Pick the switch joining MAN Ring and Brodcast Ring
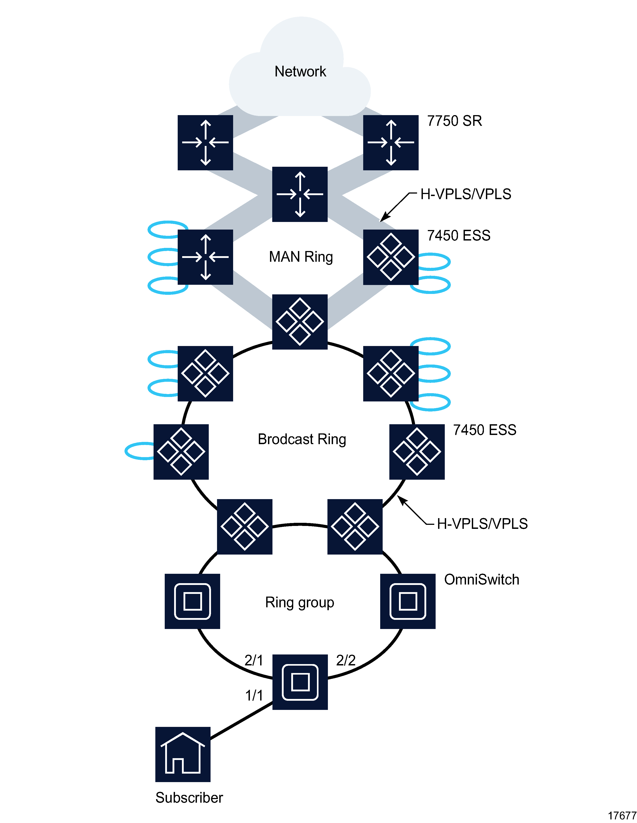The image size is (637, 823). pos(300,322)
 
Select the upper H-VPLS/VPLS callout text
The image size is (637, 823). pos(466,194)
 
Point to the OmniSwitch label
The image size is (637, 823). pos(481,580)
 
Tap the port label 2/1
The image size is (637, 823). pos(254,660)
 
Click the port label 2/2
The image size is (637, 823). pos(346,660)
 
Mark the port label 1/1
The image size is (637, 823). pos(254,695)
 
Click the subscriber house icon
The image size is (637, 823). pos(183,754)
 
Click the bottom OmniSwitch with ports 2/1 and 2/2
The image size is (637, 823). pos(300,682)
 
